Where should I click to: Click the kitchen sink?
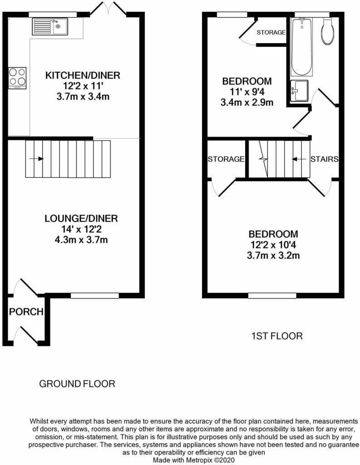pyautogui.click(x=49, y=26)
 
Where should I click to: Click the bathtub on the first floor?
pyautogui.click(x=301, y=47)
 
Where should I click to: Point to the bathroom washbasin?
pyautogui.click(x=299, y=89)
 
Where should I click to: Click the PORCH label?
pyautogui.click(x=26, y=312)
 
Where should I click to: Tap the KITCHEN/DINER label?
pyautogui.click(x=82, y=75)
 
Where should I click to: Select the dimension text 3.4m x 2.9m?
pyautogui.click(x=247, y=102)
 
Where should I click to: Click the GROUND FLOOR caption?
pyautogui.click(x=77, y=384)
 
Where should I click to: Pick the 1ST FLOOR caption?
pyautogui.click(x=277, y=336)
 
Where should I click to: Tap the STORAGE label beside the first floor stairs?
pyautogui.click(x=226, y=159)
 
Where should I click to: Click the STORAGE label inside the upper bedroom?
pyautogui.click(x=271, y=33)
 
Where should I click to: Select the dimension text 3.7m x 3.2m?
pyautogui.click(x=273, y=255)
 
